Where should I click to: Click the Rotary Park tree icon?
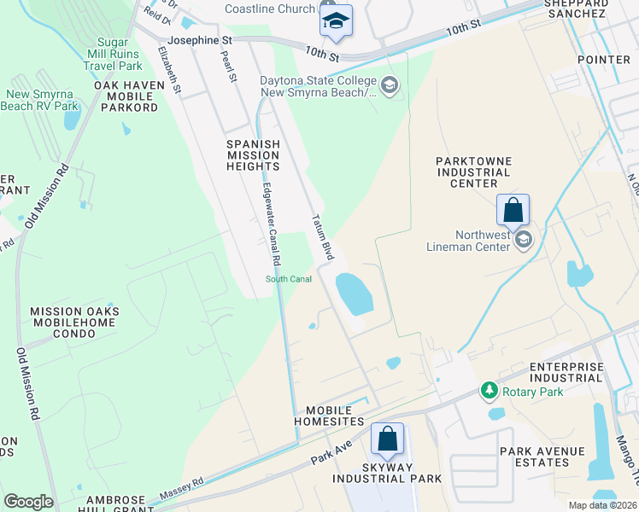pos(490,391)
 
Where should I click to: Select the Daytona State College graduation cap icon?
pos(390,84)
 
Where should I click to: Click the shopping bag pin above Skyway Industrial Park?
pos(387,439)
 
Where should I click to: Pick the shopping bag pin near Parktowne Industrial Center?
pos(513,209)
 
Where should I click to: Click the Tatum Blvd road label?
pos(322,237)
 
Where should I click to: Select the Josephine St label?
pos(200,40)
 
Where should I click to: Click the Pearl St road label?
pos(228,67)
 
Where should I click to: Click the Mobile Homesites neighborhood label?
pos(329,416)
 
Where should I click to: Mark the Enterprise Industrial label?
pos(566,373)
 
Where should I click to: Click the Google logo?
pos(28,502)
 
